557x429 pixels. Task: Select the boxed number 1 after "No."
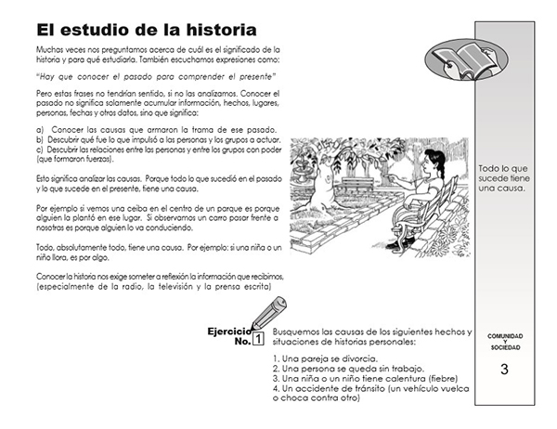258,340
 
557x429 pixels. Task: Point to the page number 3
504,369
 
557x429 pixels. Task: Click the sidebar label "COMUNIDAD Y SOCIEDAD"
504,341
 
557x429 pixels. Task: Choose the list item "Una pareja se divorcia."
326,357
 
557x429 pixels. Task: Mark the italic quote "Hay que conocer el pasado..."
157,76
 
